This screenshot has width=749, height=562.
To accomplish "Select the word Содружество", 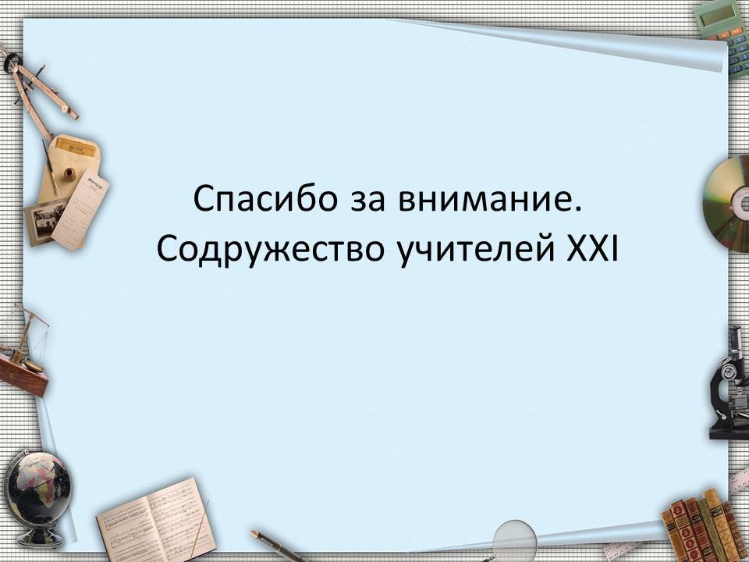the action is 271,250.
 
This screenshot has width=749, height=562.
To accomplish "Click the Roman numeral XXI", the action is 592,248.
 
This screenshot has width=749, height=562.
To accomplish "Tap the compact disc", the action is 728,204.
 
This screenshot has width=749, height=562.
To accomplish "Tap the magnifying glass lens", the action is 515,540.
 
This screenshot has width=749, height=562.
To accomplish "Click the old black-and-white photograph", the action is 47,221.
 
